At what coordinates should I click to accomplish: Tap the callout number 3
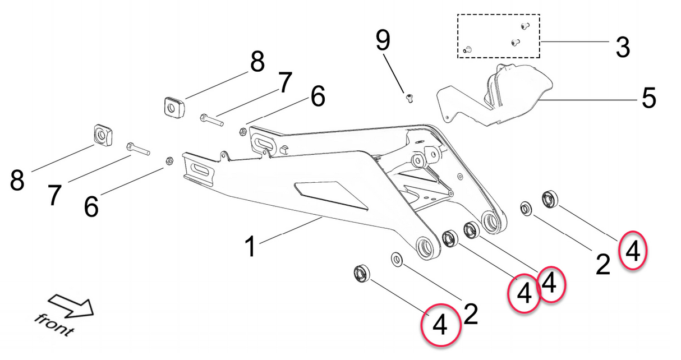(622, 47)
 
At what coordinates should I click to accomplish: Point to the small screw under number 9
(409, 99)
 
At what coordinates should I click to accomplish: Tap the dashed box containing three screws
(498, 36)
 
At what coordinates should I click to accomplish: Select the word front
(53, 325)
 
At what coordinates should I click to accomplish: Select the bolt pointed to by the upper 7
(211, 119)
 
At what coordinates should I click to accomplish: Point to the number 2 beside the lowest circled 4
(471, 315)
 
